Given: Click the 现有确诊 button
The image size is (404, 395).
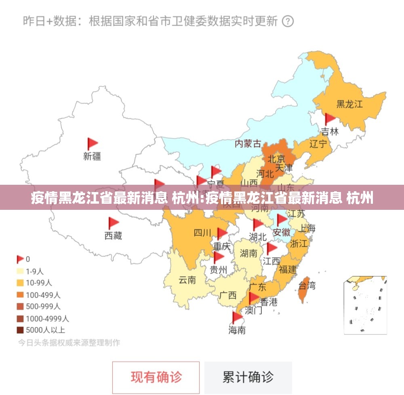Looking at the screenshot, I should pos(156,377).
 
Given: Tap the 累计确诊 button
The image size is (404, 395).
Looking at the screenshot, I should pos(248,377).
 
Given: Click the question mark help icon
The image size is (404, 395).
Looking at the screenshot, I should pos(287,21).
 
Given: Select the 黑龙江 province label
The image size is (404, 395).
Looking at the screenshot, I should pos(349,104).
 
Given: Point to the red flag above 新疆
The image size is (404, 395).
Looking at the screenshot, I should pos(93,144).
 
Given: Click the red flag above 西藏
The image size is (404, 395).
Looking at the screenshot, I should pos(113,223).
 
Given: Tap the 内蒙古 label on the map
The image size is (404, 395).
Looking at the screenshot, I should pos(248,143).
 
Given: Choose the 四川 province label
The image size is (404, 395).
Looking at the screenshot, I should pos(202,233).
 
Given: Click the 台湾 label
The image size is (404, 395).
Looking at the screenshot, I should pos(307,286).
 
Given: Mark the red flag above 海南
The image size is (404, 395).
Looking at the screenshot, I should pos(237,317).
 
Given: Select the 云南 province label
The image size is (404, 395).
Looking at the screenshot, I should pos(187,279).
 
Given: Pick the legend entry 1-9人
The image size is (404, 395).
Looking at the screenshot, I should pos(35,271).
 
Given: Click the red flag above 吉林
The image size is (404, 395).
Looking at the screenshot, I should pos(330,119).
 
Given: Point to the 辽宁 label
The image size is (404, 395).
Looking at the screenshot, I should pos(318,144).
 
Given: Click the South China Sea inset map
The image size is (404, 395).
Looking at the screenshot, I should pos(365,305).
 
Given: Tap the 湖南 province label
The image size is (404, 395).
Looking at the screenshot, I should pos(248,253).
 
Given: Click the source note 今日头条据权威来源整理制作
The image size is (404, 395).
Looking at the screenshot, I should pos(69,342).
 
